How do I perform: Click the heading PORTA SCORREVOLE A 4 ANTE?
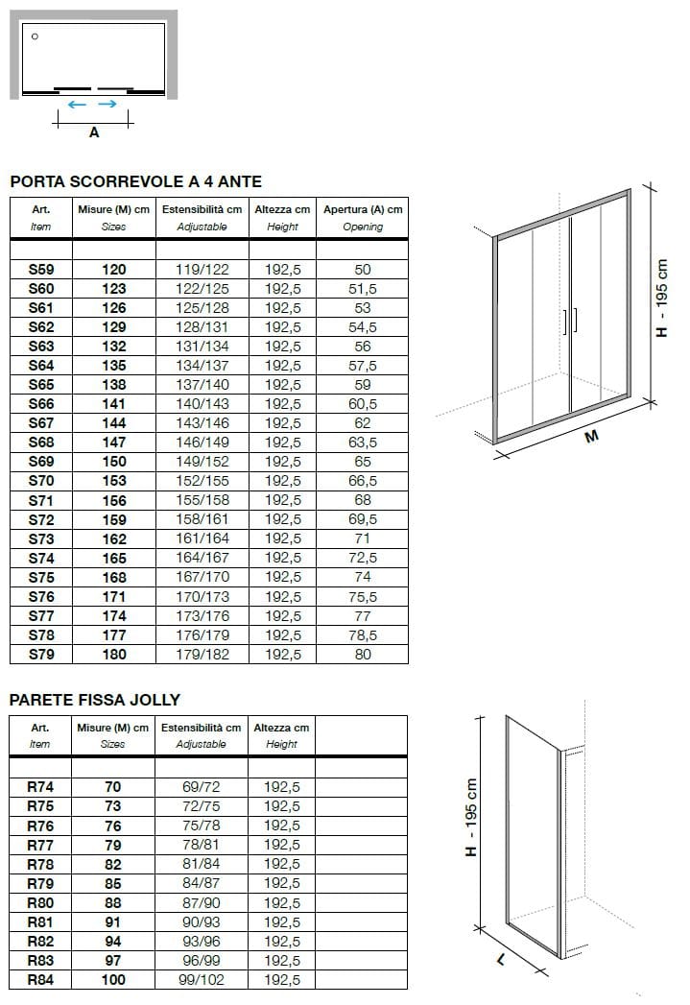(135, 181)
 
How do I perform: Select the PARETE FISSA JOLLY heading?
(95, 700)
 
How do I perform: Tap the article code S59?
(41, 270)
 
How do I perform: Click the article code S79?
(41, 654)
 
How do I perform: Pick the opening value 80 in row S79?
(362, 654)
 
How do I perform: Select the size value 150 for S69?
(113, 462)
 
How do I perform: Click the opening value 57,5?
(362, 366)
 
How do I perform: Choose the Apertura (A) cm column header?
(362, 209)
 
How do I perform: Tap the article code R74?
(41, 787)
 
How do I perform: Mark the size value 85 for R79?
(113, 883)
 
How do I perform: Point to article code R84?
(41, 979)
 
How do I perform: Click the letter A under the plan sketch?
(94, 133)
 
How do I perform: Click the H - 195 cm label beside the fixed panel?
(471, 818)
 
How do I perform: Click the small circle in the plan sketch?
(35, 36)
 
